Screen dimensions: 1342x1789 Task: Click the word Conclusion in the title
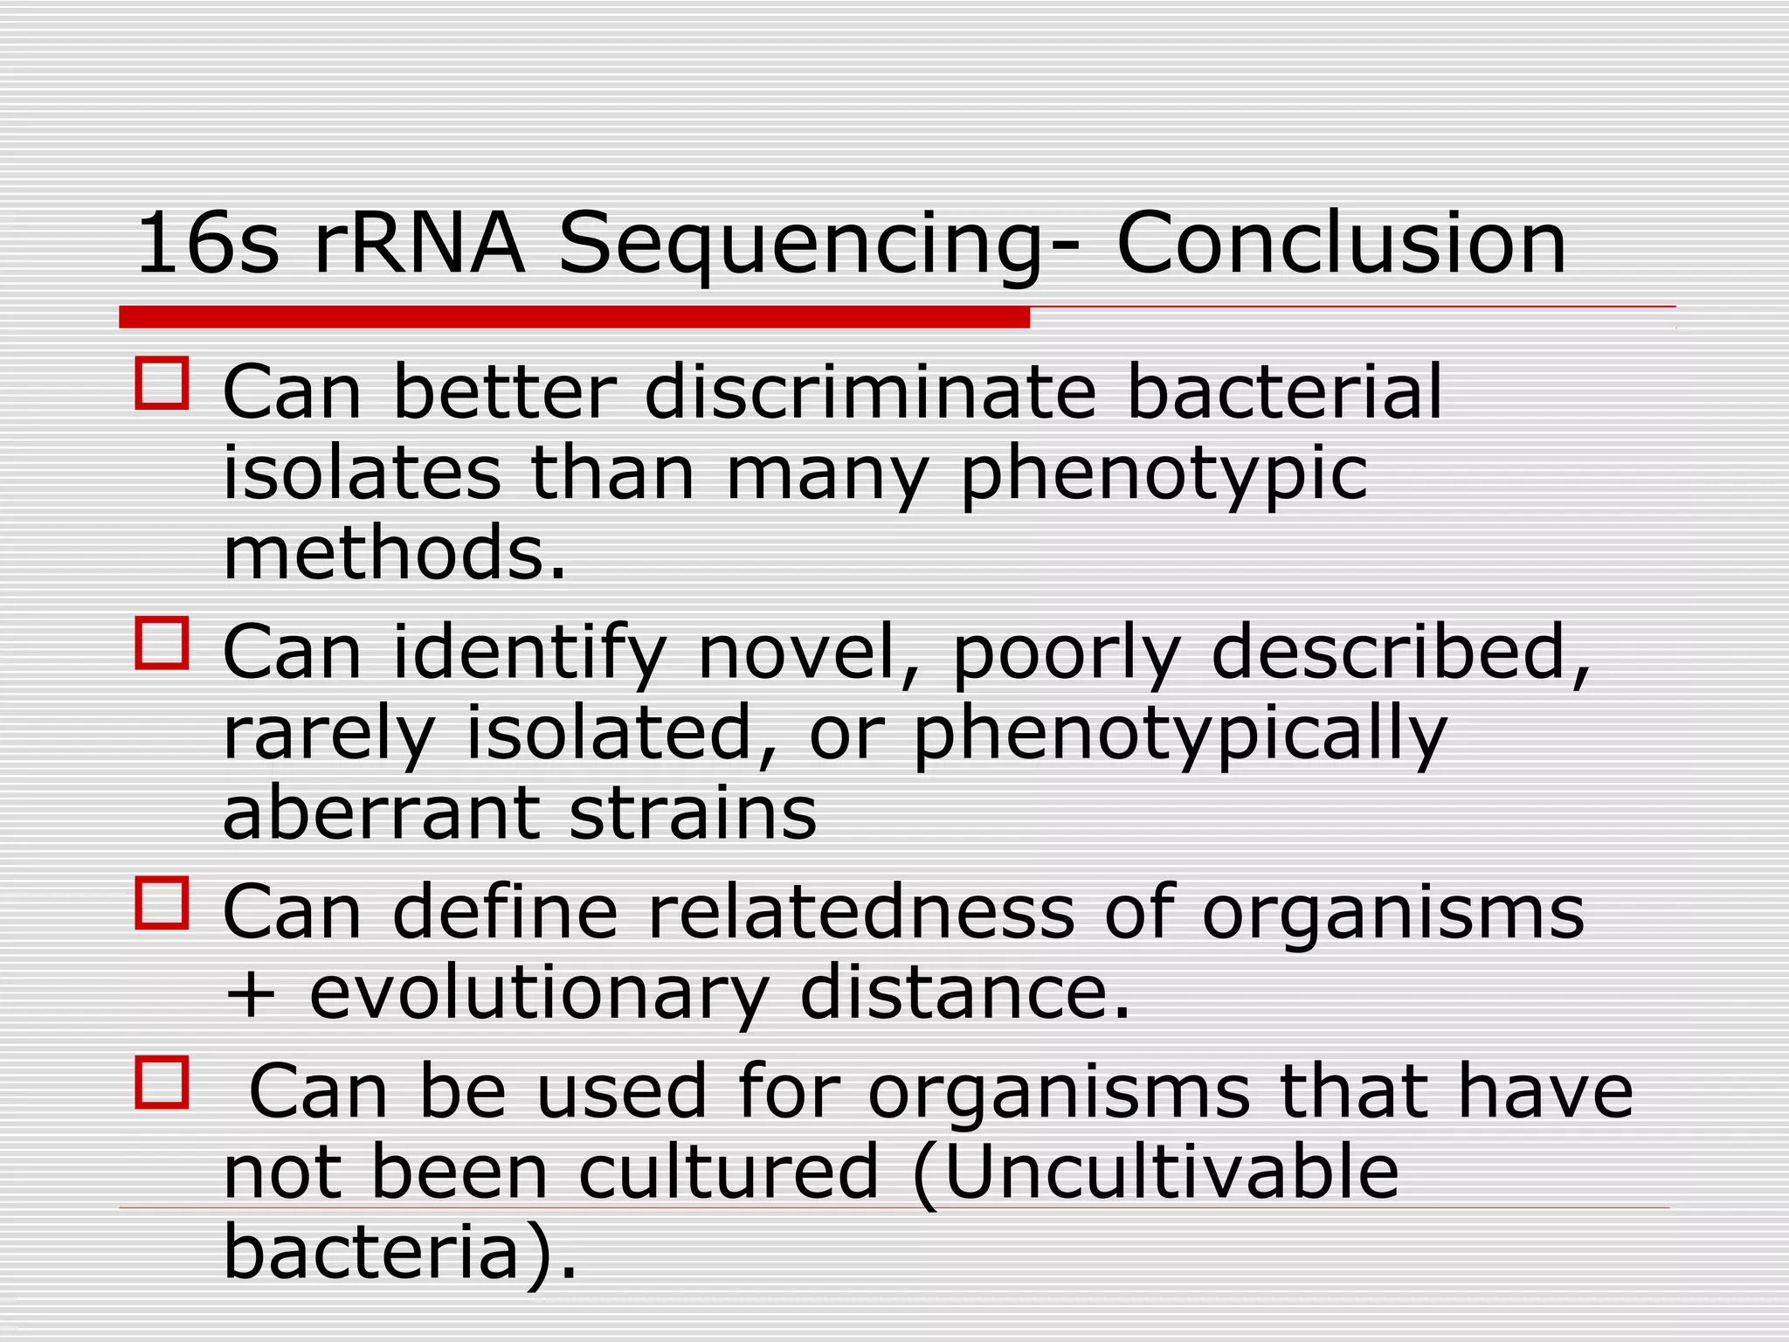coord(1341,244)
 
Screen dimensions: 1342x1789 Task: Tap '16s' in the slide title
coord(208,244)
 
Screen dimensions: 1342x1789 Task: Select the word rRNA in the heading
coord(419,244)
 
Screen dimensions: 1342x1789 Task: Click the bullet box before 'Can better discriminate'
coord(162,383)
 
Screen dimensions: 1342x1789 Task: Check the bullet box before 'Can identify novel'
coord(162,643)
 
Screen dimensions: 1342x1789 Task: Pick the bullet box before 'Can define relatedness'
coord(162,903)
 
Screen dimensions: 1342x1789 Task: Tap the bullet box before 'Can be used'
coord(162,1083)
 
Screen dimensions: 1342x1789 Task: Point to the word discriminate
coord(870,392)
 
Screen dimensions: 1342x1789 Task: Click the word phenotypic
coord(1164,476)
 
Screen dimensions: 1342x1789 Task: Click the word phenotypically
coord(1179,737)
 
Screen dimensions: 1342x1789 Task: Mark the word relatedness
coord(860,912)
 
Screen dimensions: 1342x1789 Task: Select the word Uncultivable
coord(1171,1173)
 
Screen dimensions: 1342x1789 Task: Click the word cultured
coord(729,1173)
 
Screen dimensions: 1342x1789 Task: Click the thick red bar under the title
coord(574,317)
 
